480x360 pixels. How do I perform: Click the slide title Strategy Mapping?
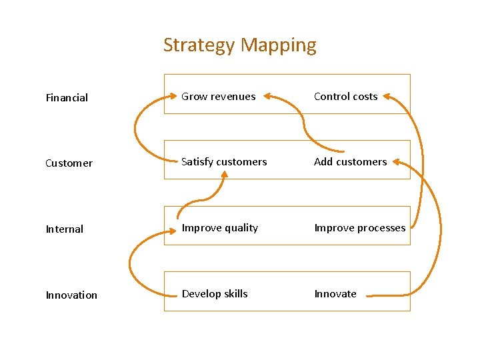click(239, 45)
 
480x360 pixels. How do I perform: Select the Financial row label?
click(67, 98)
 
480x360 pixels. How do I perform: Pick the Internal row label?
click(65, 229)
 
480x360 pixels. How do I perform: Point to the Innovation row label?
click(71, 295)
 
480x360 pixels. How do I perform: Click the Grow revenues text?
click(219, 97)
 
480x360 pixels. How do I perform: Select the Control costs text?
click(345, 97)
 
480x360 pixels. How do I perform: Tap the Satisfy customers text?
click(224, 162)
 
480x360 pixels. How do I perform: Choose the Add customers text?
click(350, 162)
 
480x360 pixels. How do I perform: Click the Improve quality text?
click(220, 228)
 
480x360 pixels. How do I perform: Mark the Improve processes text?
click(360, 228)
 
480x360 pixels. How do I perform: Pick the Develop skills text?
click(215, 294)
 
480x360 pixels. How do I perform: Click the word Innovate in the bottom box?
click(335, 294)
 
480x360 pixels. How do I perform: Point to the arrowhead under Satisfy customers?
click(225, 175)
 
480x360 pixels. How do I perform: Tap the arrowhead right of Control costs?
click(389, 97)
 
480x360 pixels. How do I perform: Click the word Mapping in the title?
click(279, 45)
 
